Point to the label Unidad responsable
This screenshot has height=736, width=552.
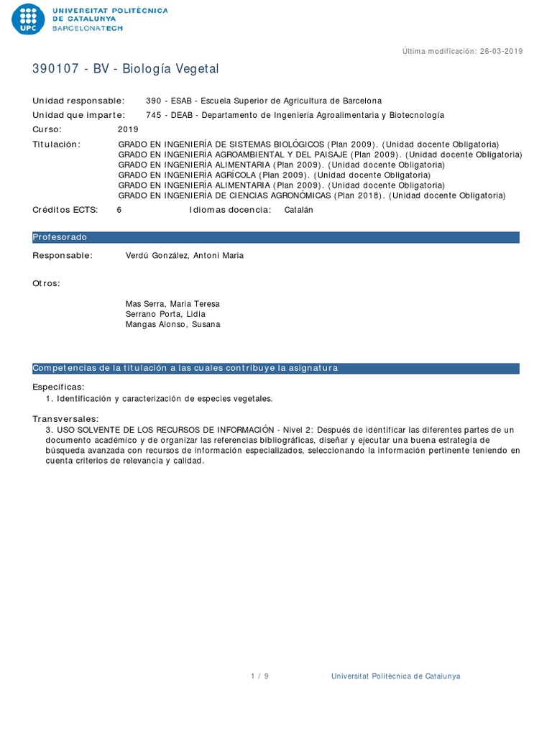(78, 101)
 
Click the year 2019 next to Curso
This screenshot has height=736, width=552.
(127, 129)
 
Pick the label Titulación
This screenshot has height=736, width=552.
(57, 144)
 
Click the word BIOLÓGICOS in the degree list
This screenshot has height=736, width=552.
(298, 144)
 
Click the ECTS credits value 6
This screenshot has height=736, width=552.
(119, 210)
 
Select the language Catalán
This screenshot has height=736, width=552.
(299, 210)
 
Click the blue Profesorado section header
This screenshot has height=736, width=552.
(275, 237)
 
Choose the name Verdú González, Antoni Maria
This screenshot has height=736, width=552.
(185, 255)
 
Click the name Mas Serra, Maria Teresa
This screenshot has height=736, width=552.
(172, 304)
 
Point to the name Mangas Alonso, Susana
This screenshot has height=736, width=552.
(173, 324)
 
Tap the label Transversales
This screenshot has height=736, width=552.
(65, 419)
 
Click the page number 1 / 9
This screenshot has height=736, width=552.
(259, 676)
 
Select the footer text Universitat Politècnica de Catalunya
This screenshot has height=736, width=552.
(395, 676)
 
